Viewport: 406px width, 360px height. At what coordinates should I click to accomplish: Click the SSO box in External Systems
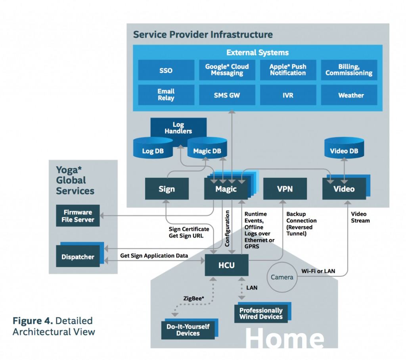(x=166, y=70)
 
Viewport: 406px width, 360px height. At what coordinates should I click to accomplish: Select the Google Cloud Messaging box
(x=227, y=70)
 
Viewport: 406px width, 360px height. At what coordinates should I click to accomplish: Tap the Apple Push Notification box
(x=288, y=70)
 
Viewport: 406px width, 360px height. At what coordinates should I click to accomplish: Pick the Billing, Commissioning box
(x=349, y=70)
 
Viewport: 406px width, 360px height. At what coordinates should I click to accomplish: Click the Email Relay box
(x=166, y=95)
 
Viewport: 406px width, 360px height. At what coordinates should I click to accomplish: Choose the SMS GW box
(x=227, y=95)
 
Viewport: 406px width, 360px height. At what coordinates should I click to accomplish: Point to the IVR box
(x=288, y=95)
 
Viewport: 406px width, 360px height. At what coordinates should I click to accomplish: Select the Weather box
(x=349, y=95)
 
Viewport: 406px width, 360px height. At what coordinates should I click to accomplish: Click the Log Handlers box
(x=178, y=127)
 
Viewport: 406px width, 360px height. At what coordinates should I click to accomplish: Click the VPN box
(x=285, y=189)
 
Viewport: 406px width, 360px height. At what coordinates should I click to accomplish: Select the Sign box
(x=167, y=189)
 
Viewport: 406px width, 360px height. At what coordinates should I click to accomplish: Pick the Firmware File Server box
(x=78, y=216)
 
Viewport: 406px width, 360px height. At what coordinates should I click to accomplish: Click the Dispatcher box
(x=78, y=257)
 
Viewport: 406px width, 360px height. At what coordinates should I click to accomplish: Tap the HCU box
(x=226, y=265)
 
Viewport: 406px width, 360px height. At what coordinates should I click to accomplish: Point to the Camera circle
(x=282, y=277)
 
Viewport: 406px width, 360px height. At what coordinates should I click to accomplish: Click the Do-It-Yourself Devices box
(x=188, y=329)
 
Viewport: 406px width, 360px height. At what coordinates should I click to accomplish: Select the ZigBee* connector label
(x=194, y=298)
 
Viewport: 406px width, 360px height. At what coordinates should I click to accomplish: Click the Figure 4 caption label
(x=54, y=325)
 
